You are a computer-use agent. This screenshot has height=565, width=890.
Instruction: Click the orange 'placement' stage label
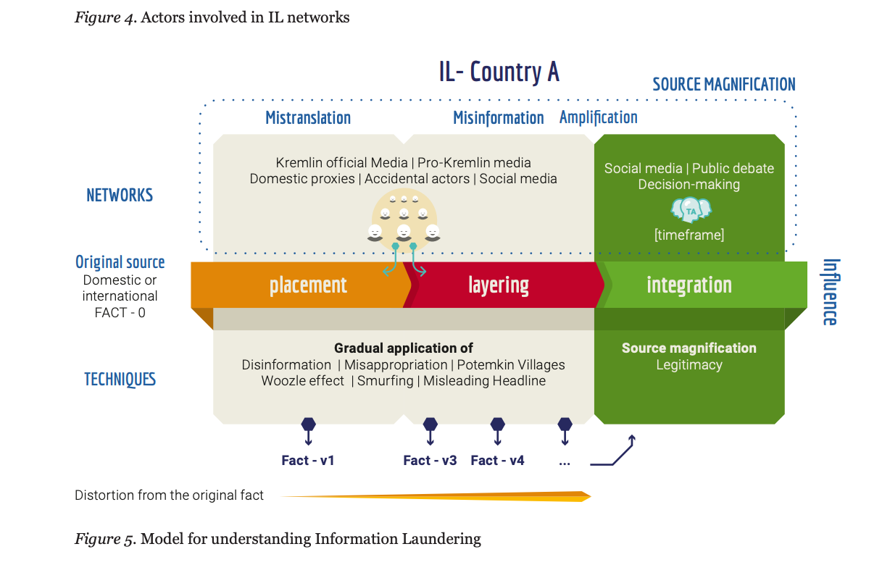[x=308, y=285]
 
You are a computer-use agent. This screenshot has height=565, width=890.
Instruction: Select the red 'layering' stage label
[x=499, y=285]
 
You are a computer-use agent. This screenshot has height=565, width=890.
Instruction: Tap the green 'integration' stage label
[x=689, y=285]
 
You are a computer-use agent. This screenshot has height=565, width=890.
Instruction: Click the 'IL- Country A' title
[x=499, y=72]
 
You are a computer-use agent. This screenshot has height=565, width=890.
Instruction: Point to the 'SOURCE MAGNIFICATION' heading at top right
[x=723, y=84]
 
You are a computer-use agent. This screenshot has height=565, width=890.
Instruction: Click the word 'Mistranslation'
[x=308, y=117]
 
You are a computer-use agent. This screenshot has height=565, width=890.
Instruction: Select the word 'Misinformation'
[x=499, y=117]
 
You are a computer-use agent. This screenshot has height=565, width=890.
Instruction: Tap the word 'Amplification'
[x=599, y=117]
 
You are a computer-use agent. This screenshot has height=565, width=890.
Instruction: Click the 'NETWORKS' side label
[x=120, y=195]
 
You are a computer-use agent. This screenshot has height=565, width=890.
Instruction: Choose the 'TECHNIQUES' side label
[x=120, y=379]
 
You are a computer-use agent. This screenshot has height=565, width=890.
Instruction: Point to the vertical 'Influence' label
[x=831, y=292]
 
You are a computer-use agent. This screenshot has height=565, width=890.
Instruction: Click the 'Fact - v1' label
[x=308, y=460]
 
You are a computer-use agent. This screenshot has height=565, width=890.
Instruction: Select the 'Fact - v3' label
[x=430, y=460]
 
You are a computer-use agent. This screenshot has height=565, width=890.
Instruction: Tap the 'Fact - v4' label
[x=497, y=460]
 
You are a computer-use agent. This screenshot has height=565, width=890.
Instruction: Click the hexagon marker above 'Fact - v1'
[x=308, y=424]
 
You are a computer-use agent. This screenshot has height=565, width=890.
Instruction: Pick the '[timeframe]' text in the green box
[x=689, y=235]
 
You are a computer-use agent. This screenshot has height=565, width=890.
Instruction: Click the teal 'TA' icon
[x=690, y=210]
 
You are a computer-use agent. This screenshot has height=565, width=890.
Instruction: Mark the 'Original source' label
[x=120, y=262]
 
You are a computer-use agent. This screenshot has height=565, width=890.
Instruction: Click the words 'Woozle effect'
[x=303, y=381]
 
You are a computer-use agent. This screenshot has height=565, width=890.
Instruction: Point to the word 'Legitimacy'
[x=689, y=365]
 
